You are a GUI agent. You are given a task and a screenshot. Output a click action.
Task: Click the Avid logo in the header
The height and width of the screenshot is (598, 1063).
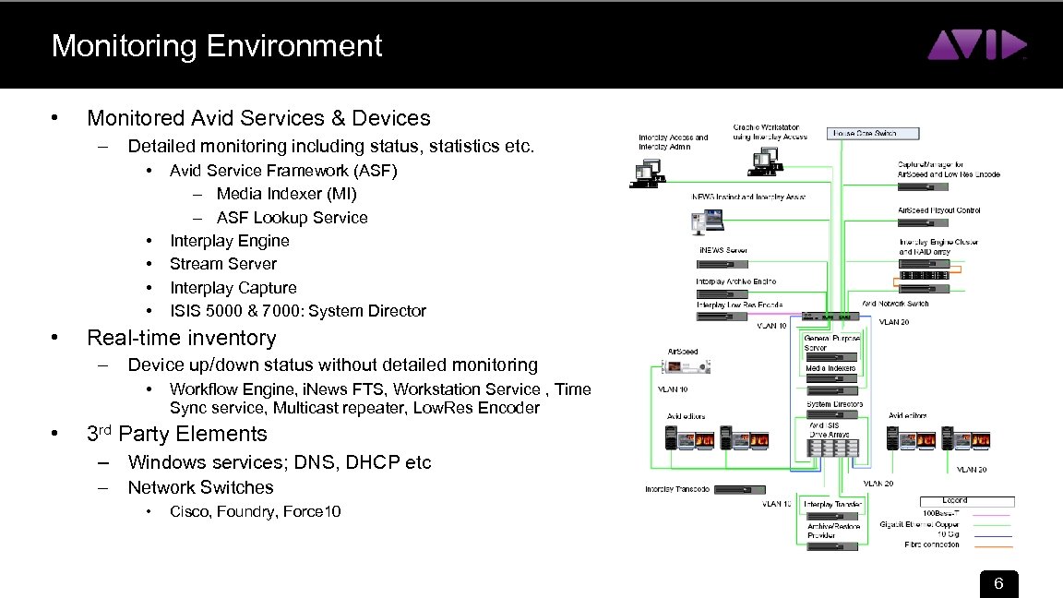click(x=976, y=44)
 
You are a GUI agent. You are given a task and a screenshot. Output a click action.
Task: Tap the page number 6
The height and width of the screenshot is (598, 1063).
click(x=997, y=584)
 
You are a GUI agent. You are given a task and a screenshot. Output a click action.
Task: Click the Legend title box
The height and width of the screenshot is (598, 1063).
click(x=954, y=501)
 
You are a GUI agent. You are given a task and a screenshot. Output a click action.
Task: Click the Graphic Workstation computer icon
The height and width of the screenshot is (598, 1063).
click(x=765, y=163)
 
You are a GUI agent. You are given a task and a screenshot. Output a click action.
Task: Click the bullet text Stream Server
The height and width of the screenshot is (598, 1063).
click(x=222, y=264)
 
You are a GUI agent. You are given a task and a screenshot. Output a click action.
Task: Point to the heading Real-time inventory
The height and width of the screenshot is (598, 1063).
click(x=181, y=338)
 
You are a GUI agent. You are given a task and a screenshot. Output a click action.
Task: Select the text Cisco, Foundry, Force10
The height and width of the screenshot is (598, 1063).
click(x=256, y=511)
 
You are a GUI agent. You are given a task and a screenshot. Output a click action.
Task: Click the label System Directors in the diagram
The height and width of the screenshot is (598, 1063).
click(x=834, y=404)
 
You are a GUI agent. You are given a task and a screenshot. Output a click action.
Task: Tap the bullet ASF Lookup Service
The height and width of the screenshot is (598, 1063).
click(x=292, y=218)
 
